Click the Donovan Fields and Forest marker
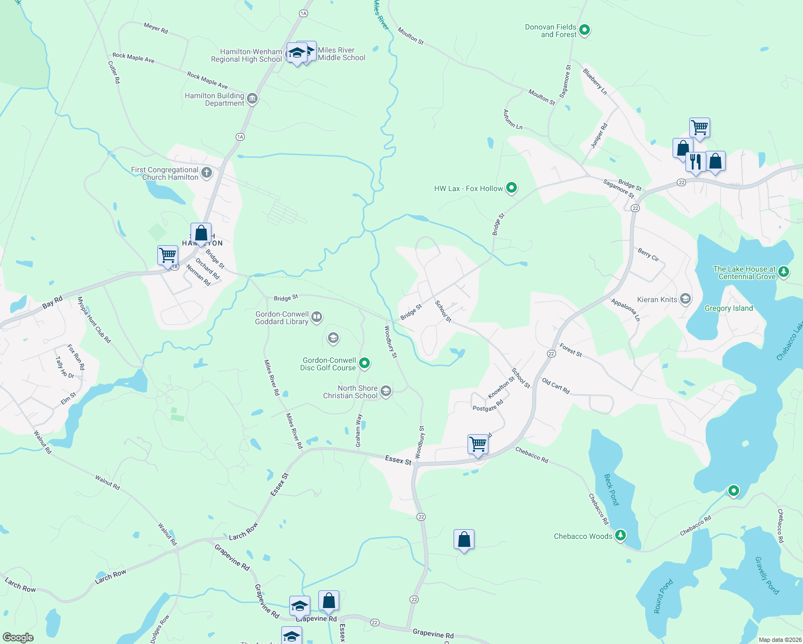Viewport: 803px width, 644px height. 585,31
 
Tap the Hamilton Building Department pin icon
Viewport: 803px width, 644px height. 252,99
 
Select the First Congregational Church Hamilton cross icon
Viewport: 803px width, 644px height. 207,173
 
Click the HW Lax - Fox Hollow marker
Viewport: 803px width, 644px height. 512,188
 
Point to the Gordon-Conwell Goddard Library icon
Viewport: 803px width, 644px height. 317,317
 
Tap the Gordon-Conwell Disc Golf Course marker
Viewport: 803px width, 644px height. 364,364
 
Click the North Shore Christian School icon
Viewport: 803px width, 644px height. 386,392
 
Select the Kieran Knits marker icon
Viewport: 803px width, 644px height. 685,299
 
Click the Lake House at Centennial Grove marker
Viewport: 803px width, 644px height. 784,272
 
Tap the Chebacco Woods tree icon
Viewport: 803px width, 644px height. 620,536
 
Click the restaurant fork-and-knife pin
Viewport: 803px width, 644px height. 696,162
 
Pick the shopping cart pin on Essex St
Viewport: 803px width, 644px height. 478,444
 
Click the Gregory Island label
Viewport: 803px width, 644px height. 728,309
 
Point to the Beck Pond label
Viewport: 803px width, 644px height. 611,489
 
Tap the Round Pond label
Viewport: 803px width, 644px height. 663,596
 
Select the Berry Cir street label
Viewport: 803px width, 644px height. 648,254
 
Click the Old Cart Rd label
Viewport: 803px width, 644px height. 556,386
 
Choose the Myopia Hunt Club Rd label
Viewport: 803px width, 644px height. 94,320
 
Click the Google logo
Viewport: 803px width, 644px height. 18,638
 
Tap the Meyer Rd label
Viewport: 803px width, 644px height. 156,28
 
